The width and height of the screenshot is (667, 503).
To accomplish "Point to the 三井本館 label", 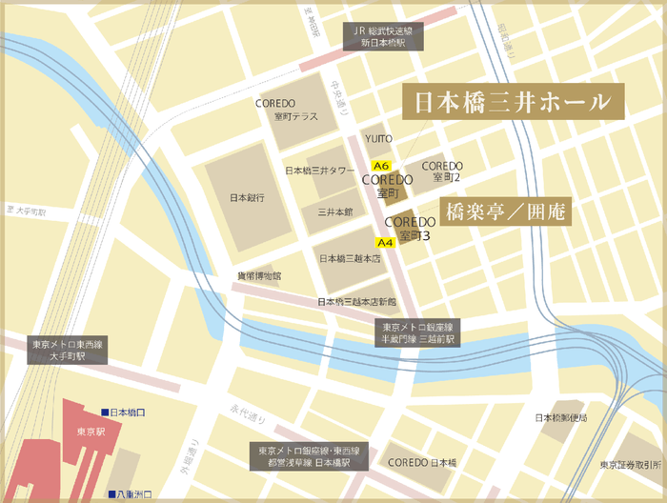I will coord(335,211).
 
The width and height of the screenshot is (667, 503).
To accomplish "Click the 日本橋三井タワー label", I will coord(320,171).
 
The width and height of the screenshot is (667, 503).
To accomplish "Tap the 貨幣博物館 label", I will coord(259,275).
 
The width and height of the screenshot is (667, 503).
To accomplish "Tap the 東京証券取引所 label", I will coord(631,465).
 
